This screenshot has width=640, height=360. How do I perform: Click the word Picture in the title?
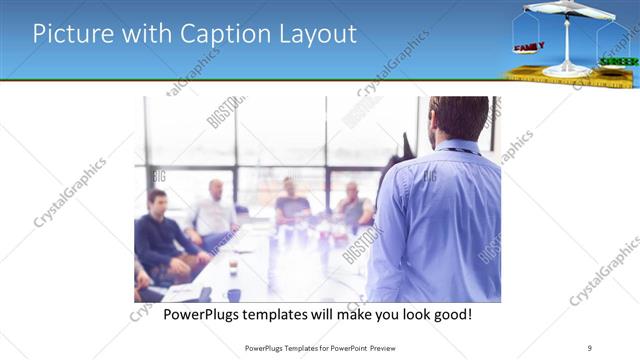pos(72,34)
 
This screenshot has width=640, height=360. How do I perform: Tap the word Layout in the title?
pos(316,34)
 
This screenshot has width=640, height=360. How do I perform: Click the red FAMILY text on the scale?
pos(528,47)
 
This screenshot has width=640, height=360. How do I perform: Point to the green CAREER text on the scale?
pos(618,61)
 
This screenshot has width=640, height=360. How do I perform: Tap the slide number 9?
pos(591,347)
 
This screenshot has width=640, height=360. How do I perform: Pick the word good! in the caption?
pos(450,315)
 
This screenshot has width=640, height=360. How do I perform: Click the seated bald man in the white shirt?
pos(215,212)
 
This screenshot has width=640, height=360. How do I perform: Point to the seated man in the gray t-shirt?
pos(291,205)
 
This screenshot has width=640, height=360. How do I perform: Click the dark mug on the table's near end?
pos(233,294)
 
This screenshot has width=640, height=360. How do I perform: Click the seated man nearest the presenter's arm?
pos(353,206)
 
